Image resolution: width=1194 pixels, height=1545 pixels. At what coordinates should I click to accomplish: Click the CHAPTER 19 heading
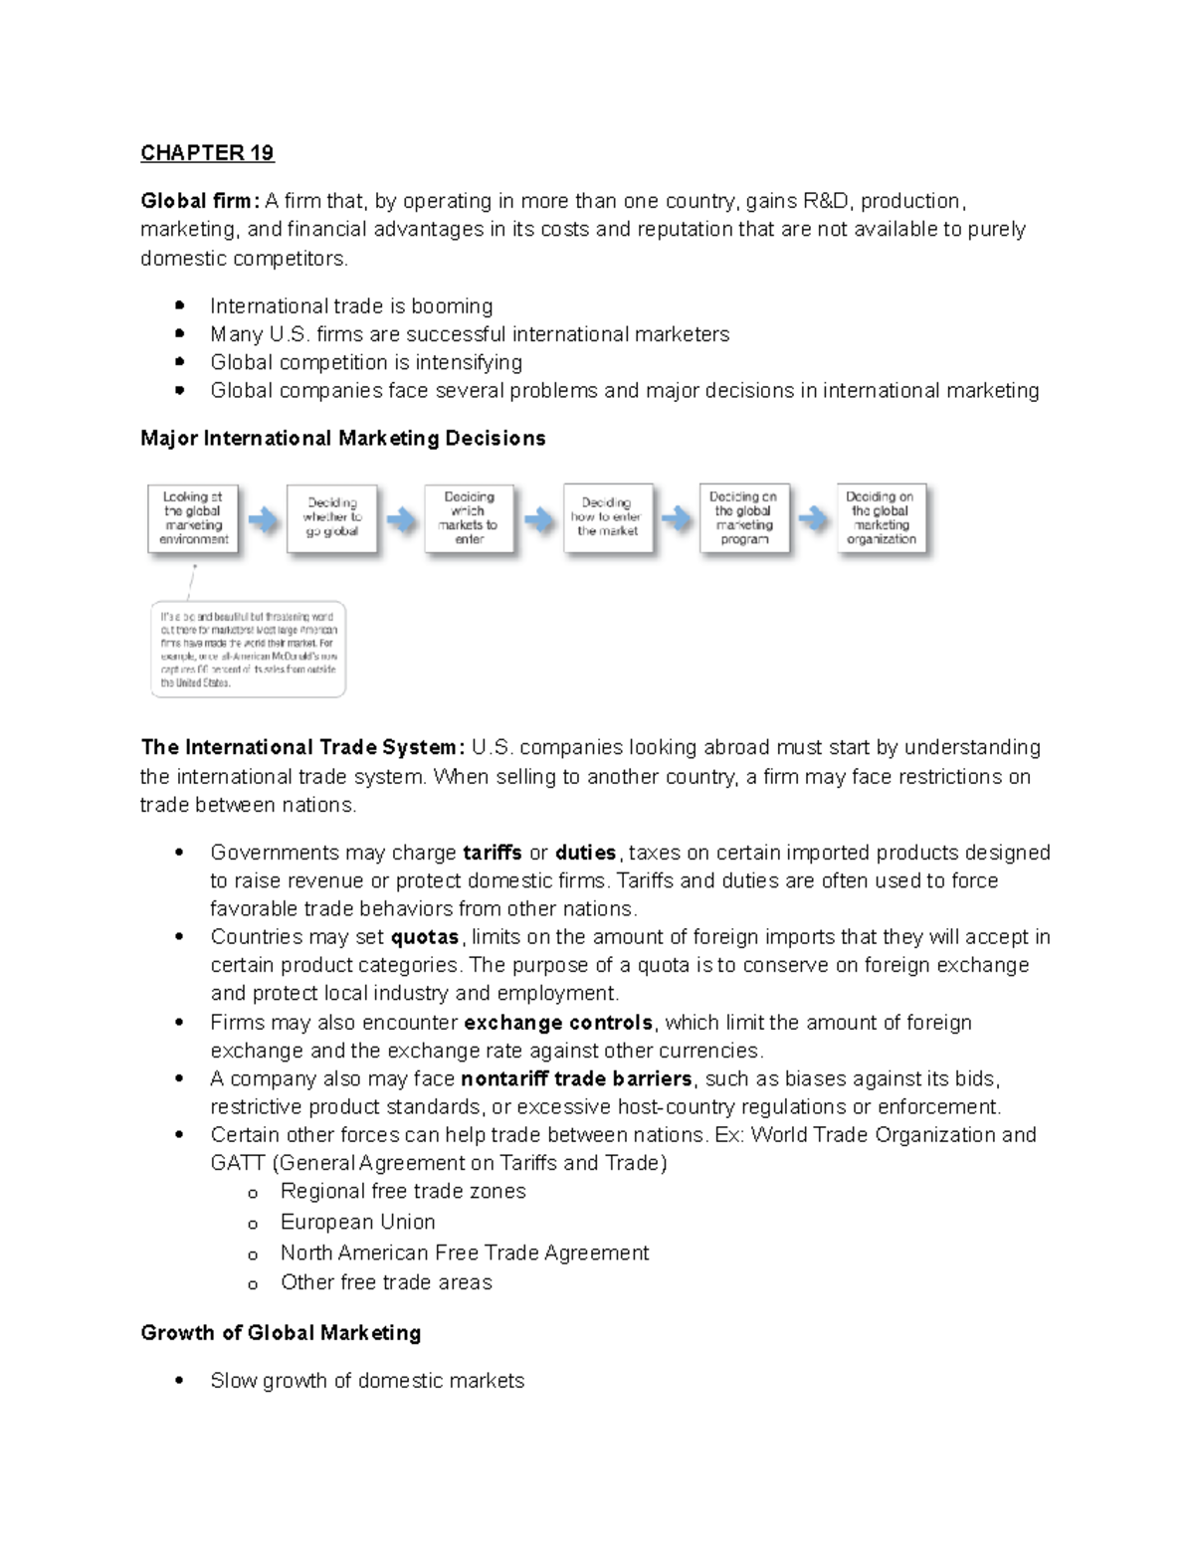point(207,153)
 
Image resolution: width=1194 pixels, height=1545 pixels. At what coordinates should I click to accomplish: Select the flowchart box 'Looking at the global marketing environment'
point(194,518)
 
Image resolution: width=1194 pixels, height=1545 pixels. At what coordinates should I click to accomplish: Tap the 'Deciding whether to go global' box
point(332,518)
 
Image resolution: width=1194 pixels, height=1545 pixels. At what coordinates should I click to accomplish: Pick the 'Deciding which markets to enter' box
point(470,518)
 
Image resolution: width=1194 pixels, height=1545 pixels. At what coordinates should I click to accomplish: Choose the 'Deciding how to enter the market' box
point(608,517)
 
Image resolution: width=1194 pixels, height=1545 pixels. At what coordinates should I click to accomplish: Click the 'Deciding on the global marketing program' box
point(744,518)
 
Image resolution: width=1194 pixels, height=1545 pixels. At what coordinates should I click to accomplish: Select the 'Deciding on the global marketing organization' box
point(882,518)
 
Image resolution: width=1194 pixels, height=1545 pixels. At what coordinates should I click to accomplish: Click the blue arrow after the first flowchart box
point(263,519)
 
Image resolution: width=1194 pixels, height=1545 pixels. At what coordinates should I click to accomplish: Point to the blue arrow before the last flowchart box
point(814,519)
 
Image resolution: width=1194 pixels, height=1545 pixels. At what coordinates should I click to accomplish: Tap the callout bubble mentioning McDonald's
point(249,650)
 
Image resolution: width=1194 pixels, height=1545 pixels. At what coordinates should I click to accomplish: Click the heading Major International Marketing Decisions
point(343,439)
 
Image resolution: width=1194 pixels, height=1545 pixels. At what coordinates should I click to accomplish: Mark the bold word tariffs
point(493,853)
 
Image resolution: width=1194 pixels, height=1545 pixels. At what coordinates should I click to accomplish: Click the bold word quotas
point(425,937)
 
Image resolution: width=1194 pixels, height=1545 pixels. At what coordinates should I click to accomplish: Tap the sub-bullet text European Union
point(357,1222)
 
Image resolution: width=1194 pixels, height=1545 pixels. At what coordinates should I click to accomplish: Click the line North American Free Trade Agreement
point(465,1253)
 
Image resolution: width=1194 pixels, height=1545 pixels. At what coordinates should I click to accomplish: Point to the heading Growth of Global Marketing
point(281,1333)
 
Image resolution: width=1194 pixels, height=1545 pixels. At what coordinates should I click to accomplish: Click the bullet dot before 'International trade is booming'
point(179,305)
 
